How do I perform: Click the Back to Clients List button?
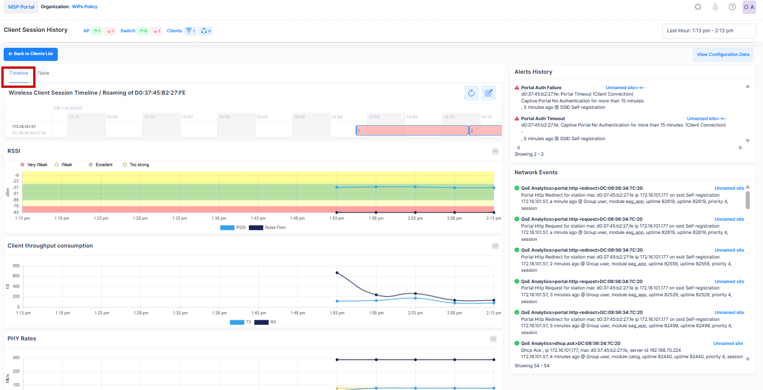(x=30, y=54)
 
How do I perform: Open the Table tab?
(x=43, y=73)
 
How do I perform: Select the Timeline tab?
(x=19, y=73)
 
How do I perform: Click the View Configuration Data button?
(x=723, y=55)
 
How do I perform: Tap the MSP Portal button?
(x=21, y=7)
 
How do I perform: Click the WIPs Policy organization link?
(x=85, y=7)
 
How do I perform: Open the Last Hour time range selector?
(x=708, y=31)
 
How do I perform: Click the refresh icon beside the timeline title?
(x=471, y=93)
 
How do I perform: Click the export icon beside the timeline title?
(x=489, y=93)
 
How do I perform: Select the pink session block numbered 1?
(x=412, y=131)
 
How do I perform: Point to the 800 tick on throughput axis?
(x=16, y=266)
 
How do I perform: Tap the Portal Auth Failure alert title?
(x=541, y=88)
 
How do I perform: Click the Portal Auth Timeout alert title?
(x=543, y=119)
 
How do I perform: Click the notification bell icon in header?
(x=715, y=7)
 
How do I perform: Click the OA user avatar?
(x=749, y=7)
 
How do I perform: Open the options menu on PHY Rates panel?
(x=493, y=339)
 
